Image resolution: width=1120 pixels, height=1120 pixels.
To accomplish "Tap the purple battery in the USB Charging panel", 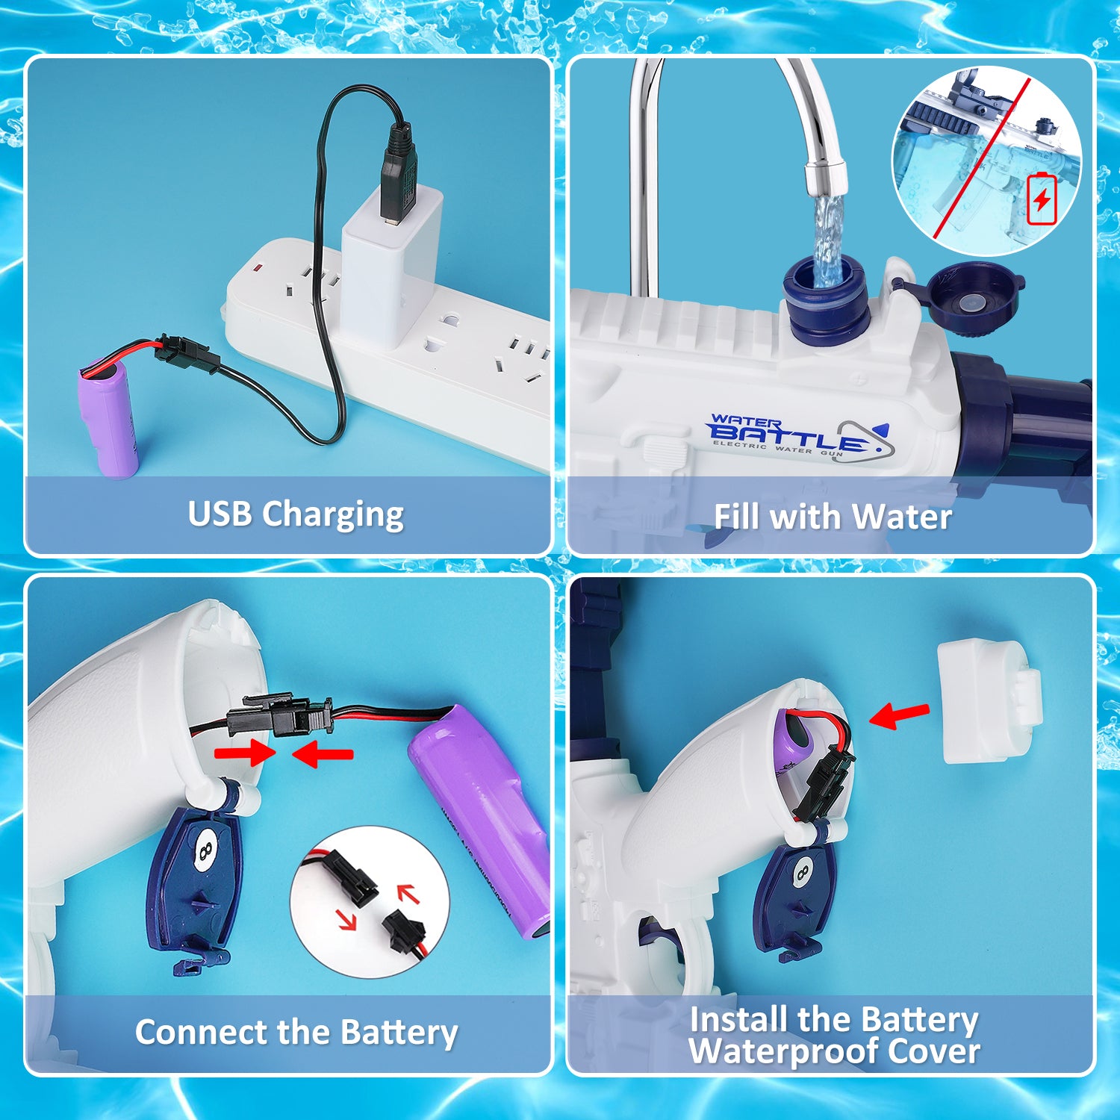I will click(111, 418).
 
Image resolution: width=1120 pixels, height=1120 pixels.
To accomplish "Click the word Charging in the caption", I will click(333, 515).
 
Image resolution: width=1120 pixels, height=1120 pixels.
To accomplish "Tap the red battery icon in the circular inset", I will click(1042, 199).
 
